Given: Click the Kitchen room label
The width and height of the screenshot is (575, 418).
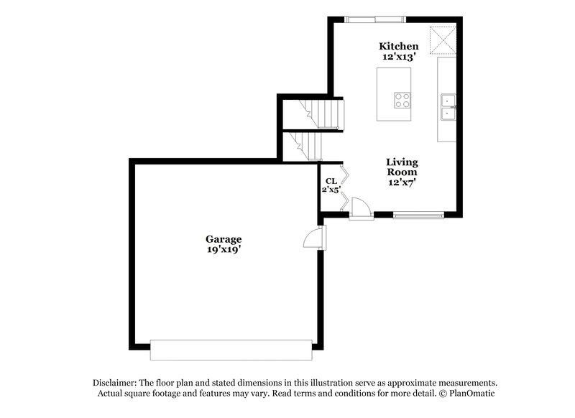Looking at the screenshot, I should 399,46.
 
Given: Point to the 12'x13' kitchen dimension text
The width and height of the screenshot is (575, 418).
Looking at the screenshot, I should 399,57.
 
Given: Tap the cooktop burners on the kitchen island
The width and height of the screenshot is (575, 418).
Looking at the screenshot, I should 402,101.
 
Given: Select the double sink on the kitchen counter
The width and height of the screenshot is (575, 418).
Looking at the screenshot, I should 448,105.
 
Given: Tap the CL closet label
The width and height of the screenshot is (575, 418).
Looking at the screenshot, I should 331,181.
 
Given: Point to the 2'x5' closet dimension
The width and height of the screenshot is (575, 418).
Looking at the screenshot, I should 331,190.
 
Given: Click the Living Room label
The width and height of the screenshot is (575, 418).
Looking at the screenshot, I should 402,167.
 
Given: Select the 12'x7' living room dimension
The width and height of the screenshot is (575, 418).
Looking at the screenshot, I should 402,182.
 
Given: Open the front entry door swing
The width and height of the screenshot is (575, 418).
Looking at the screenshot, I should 360,209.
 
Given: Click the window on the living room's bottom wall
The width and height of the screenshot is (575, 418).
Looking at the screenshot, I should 418,214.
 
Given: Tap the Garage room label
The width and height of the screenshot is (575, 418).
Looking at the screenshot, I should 224,239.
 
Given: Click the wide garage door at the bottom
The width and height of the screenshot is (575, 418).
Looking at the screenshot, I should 231,350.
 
